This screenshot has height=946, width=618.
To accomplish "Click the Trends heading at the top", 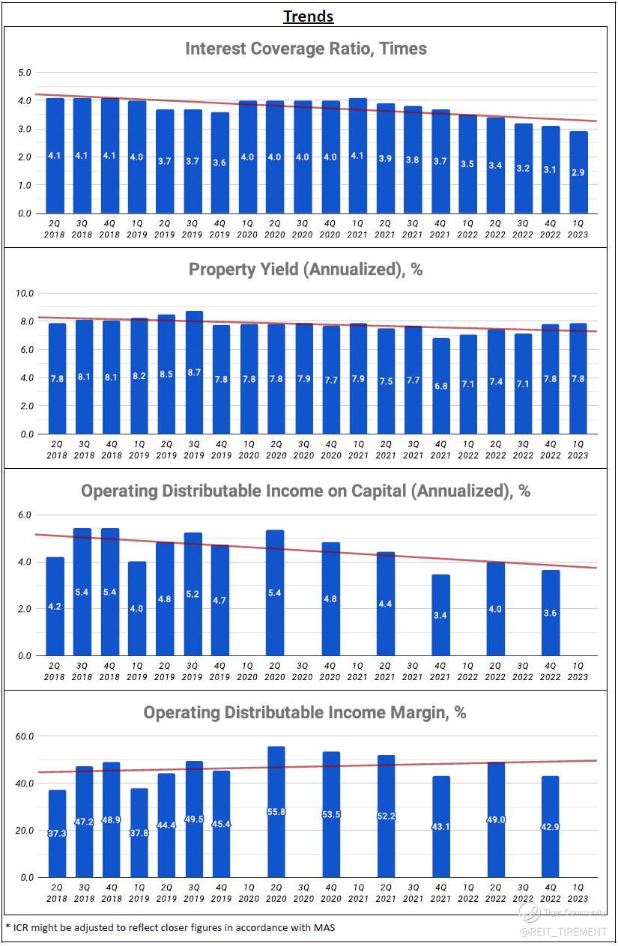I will tap(309, 16).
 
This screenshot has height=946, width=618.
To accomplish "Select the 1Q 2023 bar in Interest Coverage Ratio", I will tap(578, 172).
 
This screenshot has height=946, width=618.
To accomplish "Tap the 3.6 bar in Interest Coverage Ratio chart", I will tap(220, 163).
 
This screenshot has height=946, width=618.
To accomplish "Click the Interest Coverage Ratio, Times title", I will tap(306, 49).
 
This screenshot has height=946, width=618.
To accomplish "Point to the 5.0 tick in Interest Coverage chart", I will tap(25, 73).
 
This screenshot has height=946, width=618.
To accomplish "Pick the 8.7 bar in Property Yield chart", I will tap(193, 372).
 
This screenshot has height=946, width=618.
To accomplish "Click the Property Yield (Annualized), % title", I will tap(306, 270).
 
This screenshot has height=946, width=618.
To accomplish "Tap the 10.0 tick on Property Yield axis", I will tap(25, 293).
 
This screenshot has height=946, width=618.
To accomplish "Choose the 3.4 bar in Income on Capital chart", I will tap(441, 615).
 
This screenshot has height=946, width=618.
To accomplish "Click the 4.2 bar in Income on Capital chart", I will tap(55, 607).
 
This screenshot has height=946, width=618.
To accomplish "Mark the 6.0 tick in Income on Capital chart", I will tap(25, 515).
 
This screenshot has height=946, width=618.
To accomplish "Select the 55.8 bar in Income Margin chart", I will tap(276, 811).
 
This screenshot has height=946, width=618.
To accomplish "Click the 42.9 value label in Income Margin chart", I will tap(551, 826).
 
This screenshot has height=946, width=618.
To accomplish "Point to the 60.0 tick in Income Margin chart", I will tap(25, 736).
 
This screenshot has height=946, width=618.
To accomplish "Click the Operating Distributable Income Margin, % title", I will tap(305, 712).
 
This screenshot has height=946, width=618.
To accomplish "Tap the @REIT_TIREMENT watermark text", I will tap(563, 931).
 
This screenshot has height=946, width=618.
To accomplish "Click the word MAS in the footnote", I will tap(324, 927).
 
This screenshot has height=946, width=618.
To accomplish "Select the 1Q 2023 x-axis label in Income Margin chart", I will tap(578, 892).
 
